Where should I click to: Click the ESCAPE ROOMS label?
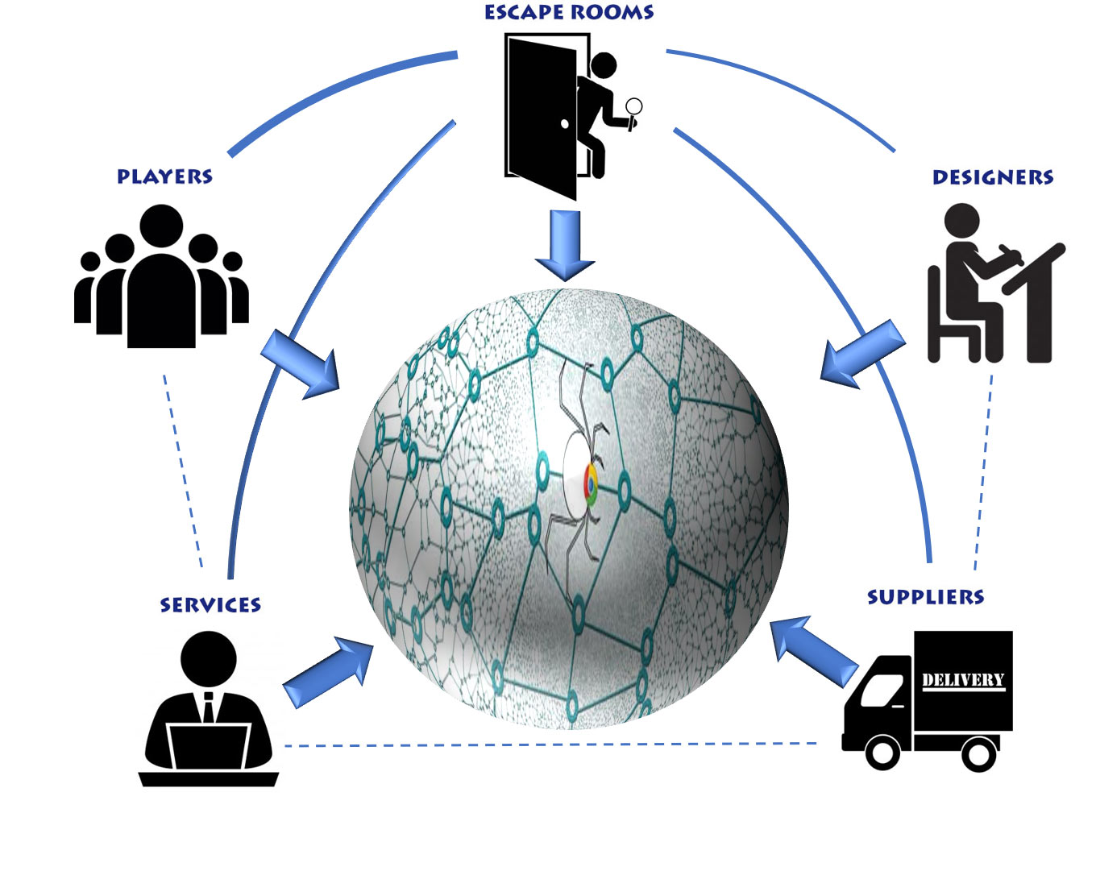[569, 12]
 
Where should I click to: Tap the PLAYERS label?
[164, 176]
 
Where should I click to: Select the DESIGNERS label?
[992, 177]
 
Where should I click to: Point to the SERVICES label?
[210, 605]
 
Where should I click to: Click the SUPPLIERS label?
[925, 597]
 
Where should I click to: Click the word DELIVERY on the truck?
[963, 680]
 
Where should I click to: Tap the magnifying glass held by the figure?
[634, 106]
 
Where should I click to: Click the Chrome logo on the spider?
[591, 484]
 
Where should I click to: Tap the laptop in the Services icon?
[209, 746]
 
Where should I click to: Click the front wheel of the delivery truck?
[882, 753]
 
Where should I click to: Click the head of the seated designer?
[961, 220]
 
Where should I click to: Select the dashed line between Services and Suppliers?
[548, 744]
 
